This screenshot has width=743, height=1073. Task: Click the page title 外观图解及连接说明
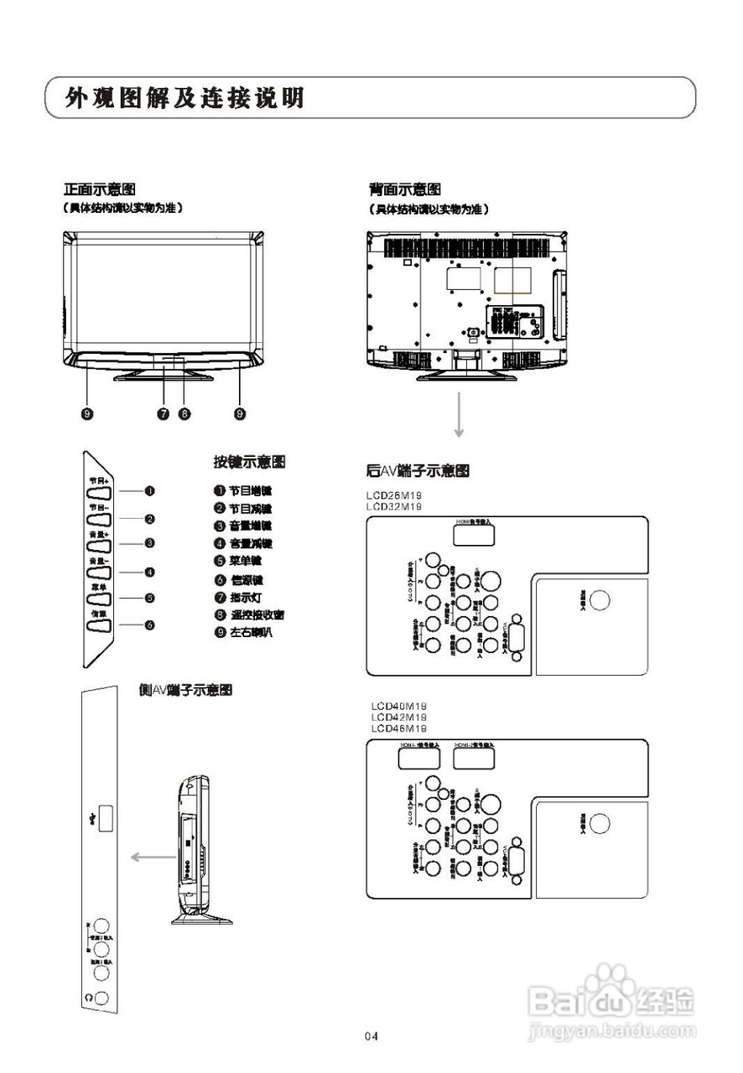(x=185, y=98)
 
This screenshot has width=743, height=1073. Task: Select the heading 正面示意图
(x=100, y=189)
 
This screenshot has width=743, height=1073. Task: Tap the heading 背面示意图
(x=404, y=189)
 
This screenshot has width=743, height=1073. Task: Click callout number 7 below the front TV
(x=164, y=413)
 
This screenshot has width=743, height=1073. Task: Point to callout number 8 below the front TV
(x=185, y=413)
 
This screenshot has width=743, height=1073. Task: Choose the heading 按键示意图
(x=250, y=462)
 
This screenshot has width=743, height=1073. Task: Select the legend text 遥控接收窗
(x=257, y=614)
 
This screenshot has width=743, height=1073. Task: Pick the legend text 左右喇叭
(x=251, y=632)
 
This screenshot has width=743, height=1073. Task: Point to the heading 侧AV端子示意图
(x=185, y=690)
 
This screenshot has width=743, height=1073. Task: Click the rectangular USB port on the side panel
(x=107, y=817)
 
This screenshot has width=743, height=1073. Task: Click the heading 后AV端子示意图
(x=417, y=471)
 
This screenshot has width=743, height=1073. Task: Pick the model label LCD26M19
(x=394, y=496)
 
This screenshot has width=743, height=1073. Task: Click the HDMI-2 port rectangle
(x=474, y=757)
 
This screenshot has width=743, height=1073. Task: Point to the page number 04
(x=371, y=1037)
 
